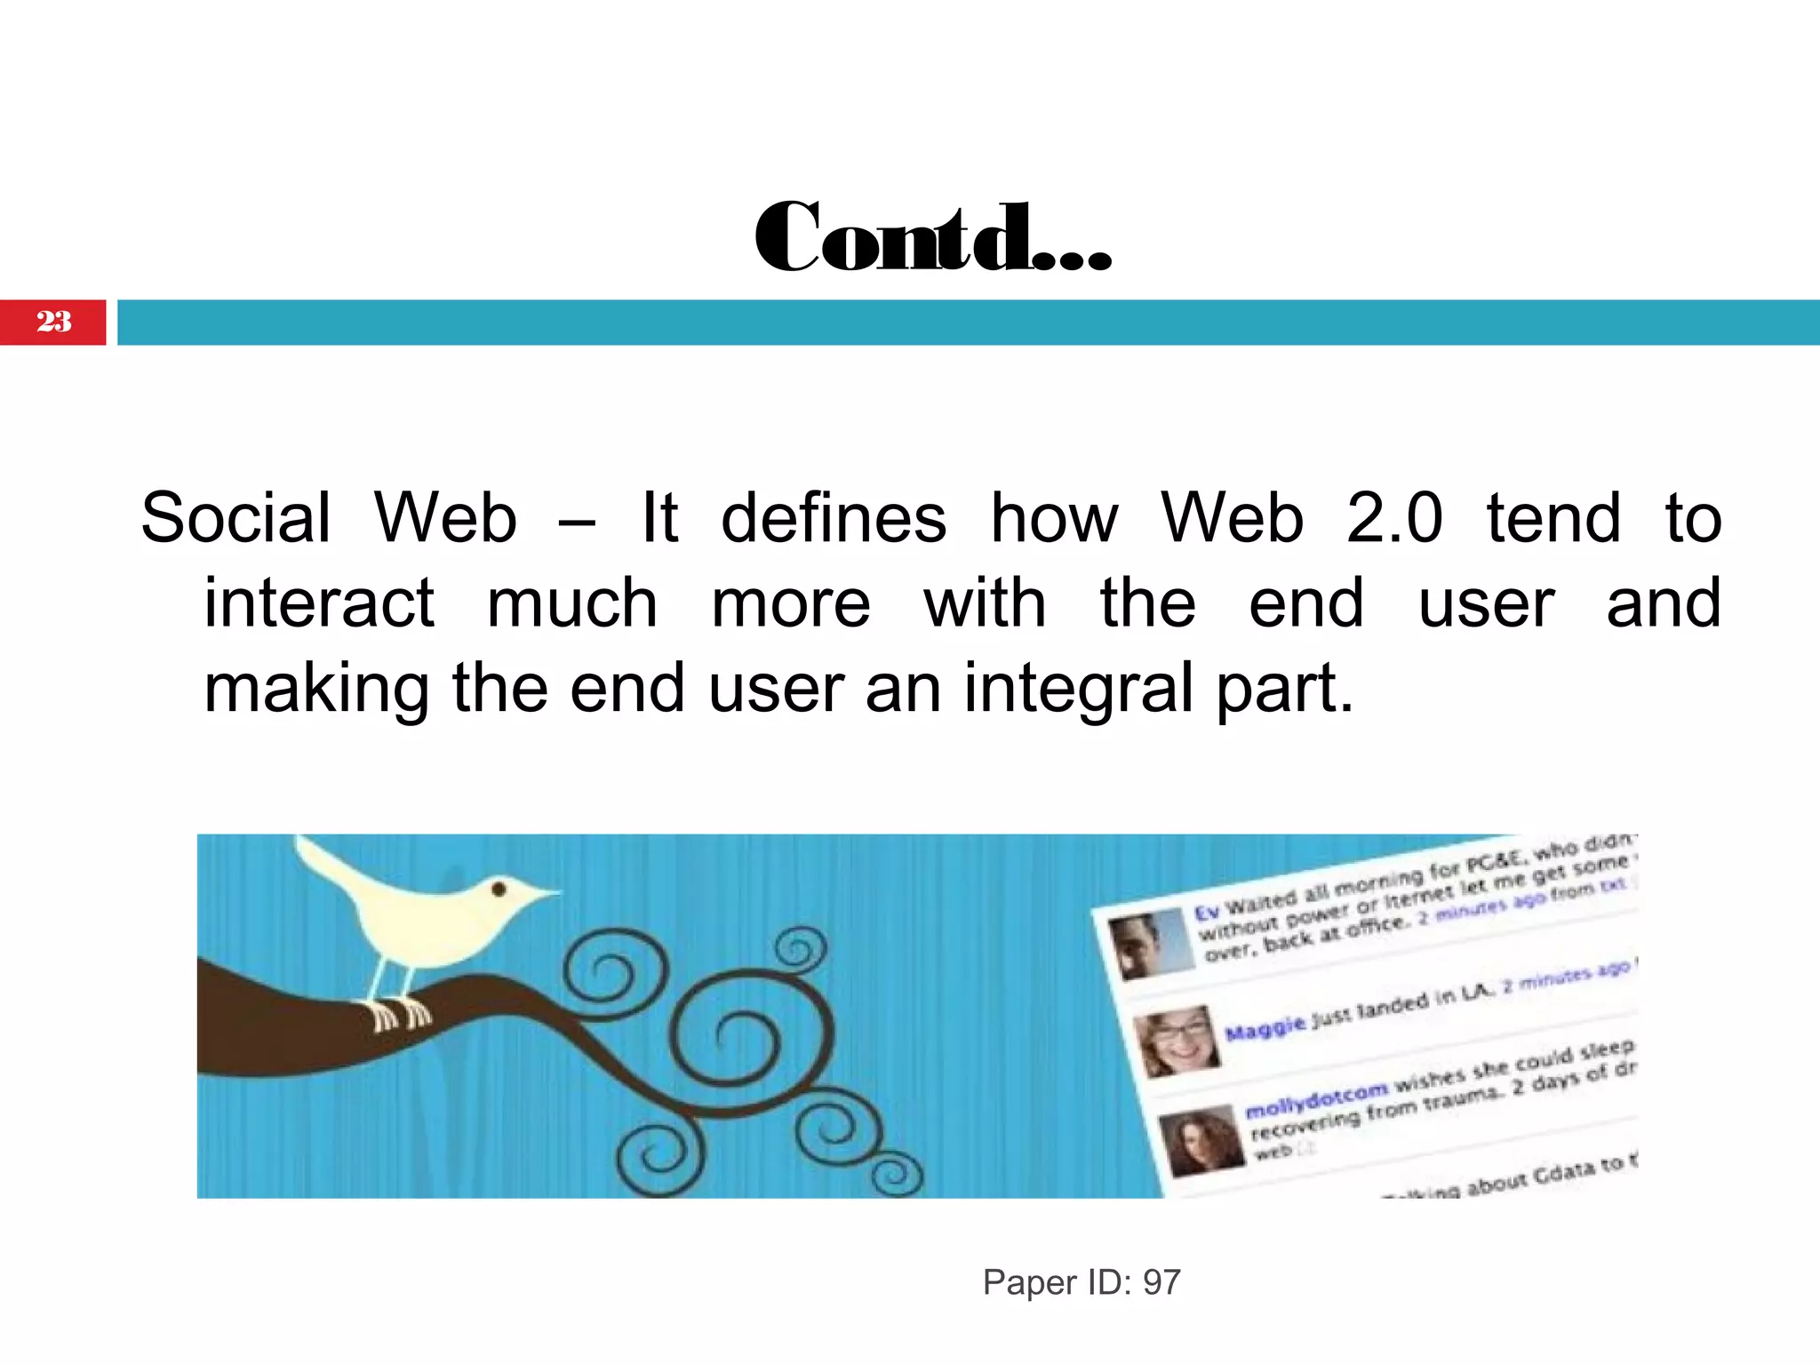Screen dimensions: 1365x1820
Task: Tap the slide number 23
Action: (53, 322)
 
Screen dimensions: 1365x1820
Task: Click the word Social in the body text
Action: (235, 518)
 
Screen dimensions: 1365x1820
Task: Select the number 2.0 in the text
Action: (1393, 518)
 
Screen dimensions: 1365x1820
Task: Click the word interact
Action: (319, 603)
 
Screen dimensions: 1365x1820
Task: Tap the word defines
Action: (833, 518)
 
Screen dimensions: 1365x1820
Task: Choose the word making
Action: (316, 690)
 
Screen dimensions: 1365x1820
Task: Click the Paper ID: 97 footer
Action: (1081, 1282)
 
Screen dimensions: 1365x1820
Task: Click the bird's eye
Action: (499, 889)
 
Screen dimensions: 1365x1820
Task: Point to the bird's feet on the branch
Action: (400, 1014)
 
